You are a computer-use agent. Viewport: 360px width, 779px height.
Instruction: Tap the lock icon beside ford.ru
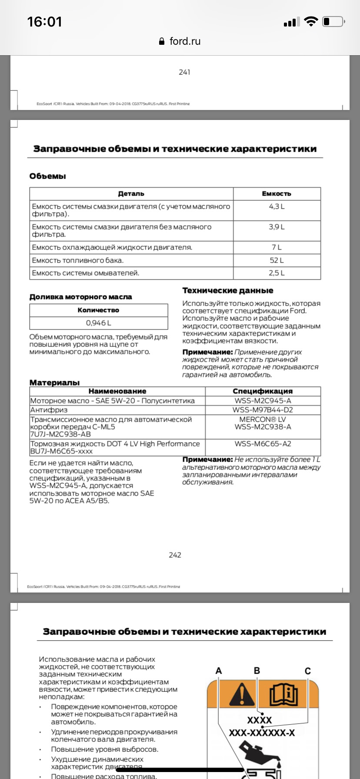pos(162,41)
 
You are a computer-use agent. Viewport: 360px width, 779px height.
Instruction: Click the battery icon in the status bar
pos(333,22)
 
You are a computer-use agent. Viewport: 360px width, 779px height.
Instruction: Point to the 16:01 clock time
pos(44,22)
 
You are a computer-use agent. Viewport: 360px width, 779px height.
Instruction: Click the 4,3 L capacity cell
pos(277,206)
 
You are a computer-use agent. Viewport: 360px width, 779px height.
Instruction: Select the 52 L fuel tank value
pos(277,260)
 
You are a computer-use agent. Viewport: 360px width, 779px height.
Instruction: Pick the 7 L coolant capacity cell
pos(277,247)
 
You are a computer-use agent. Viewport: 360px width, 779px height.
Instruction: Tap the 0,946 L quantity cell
pos(98,323)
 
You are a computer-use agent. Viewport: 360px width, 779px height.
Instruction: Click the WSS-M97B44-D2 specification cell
pos(263,410)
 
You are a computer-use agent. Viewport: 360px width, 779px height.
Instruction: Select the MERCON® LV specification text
pos(263,419)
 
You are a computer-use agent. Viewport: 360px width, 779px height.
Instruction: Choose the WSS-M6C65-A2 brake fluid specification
pos(263,444)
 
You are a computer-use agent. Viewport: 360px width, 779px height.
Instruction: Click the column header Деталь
pos(131,194)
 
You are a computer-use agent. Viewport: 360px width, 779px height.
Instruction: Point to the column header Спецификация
pos(263,391)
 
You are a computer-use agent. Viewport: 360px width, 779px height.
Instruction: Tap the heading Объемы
pos(47,176)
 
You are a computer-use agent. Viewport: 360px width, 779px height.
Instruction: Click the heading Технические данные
pos(227,290)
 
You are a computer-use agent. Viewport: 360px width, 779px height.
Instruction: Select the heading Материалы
pos(54,383)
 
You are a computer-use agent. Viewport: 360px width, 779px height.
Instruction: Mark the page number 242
pos(175,555)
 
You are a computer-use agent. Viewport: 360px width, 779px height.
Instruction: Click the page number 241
pos(184,72)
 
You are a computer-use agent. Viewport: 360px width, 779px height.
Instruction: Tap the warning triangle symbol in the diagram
pos(242,694)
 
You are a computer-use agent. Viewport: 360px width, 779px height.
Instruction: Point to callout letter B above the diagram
pos(257,671)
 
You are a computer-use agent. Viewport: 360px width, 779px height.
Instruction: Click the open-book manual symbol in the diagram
pos(284,695)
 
